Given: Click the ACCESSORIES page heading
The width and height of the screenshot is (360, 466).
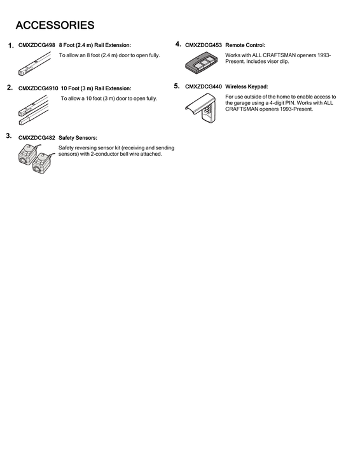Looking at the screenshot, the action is tap(55, 26).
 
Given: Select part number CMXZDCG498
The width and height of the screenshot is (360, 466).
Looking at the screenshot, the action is tap(37, 46).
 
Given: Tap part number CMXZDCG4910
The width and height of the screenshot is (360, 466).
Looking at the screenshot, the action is tap(38, 88).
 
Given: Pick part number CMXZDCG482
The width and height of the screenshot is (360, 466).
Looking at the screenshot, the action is tap(37, 137).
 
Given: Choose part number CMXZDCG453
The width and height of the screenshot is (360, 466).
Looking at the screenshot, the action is tap(204, 46).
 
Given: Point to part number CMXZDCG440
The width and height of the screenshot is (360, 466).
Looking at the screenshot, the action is tap(204, 86).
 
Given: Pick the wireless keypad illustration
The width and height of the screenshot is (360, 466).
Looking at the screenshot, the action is tap(202, 109).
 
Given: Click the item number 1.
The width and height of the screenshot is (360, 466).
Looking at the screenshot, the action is tap(11, 46).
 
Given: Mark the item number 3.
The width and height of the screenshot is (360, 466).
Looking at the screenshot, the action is tap(8, 136).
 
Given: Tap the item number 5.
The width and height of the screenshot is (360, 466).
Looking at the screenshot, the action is tap(177, 86).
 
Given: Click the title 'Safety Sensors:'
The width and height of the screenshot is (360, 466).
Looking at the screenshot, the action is tap(78, 137).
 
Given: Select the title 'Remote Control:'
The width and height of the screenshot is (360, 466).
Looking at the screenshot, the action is tap(246, 46).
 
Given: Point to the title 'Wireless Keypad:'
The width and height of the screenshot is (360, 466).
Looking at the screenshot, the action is tap(247, 86).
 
